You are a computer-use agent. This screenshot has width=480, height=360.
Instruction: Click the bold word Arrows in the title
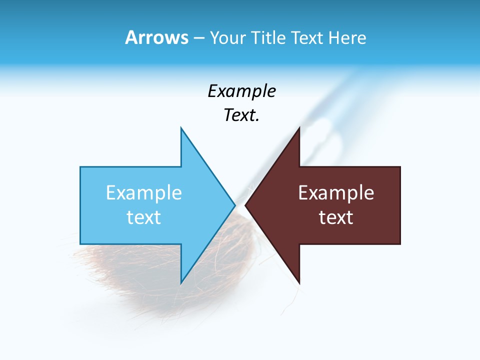click(x=156, y=37)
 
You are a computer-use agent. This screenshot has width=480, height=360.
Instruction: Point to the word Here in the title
click(x=347, y=38)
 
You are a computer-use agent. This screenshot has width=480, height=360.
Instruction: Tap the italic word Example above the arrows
click(x=241, y=91)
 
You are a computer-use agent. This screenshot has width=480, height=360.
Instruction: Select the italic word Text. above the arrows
click(x=241, y=115)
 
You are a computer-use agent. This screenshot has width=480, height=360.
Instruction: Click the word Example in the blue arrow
click(x=143, y=193)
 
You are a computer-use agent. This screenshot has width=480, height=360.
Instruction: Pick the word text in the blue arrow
click(x=143, y=217)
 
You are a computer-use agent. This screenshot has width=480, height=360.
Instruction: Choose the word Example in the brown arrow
click(x=336, y=193)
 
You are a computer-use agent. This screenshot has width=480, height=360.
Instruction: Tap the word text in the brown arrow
click(x=336, y=217)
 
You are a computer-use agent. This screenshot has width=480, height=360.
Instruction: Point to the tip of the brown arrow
click(x=246, y=205)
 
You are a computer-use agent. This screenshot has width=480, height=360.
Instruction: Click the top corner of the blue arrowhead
click(x=181, y=129)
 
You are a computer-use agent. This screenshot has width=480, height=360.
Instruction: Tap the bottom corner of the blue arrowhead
click(x=181, y=282)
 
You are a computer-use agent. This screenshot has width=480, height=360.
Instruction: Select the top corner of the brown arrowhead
click(x=298, y=129)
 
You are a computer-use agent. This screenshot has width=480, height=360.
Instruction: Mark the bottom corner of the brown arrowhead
click(x=298, y=282)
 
